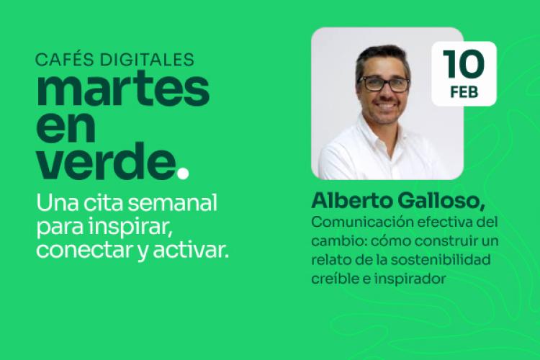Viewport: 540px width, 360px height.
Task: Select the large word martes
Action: click(123, 90)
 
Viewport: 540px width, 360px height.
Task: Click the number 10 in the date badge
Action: click(464, 65)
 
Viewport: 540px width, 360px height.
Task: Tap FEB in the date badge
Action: click(464, 92)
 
